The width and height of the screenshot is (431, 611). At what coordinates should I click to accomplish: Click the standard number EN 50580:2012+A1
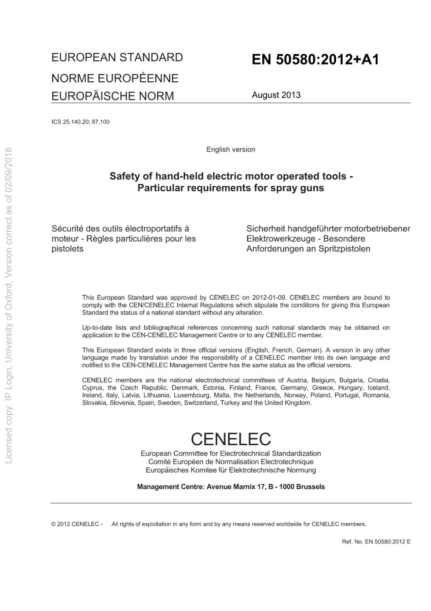315,60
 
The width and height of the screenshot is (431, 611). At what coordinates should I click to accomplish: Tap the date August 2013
276,95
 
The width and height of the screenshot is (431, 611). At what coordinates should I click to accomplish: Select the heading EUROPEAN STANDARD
117,58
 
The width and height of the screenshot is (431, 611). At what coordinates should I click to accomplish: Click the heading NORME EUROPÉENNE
115,78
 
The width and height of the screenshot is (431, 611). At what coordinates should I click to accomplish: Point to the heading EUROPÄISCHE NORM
113,96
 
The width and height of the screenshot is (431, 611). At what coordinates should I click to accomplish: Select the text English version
230,149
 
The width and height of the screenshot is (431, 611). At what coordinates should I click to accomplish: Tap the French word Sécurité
67,229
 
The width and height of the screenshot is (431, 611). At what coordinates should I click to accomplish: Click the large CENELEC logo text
230,439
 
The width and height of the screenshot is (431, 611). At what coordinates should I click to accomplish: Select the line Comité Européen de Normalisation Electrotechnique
230,462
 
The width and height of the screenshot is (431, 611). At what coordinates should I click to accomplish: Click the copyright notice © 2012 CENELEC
77,524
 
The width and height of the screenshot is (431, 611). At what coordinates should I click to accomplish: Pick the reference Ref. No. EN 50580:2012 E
376,541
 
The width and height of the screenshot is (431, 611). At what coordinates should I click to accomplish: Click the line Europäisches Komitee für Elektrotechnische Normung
230,470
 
